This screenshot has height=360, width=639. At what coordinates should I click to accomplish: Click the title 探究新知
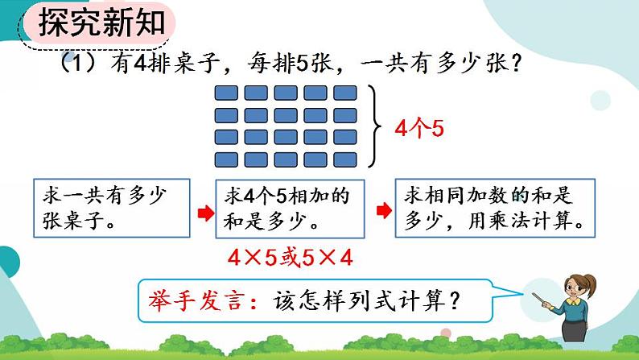coord(101,25)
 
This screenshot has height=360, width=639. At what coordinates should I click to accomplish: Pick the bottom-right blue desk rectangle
coord(345,158)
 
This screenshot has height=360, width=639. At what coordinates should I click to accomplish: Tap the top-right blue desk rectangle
coord(345,93)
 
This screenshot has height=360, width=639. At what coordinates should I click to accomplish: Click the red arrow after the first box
coord(205,211)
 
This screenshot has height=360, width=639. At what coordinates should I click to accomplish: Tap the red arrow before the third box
coord(385,211)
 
